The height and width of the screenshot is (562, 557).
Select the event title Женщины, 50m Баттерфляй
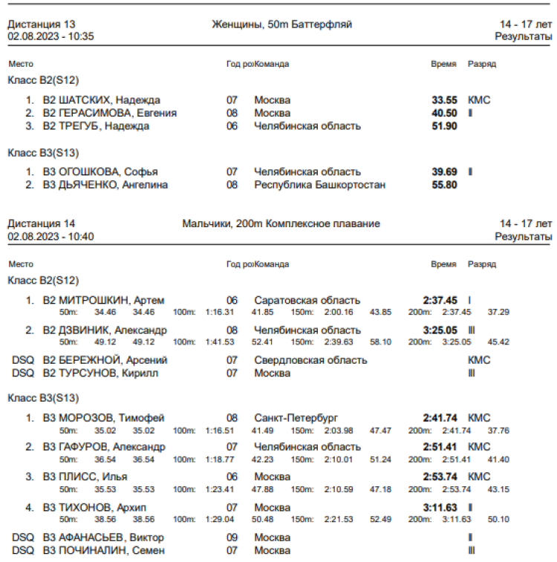tap(281, 24)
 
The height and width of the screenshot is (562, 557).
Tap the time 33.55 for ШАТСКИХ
tap(444, 100)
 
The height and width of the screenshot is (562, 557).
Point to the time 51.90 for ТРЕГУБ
tap(444, 126)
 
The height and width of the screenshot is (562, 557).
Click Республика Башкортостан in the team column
tap(319, 184)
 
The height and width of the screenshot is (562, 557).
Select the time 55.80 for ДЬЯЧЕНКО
tap(444, 184)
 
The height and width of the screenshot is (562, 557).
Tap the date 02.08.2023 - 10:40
tap(51, 236)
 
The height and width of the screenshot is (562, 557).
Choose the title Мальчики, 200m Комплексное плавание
tap(281, 223)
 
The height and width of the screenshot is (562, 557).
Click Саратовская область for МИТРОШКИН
tap(307, 301)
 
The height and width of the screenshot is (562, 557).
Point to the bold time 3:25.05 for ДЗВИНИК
tap(440, 330)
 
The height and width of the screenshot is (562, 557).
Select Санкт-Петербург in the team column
tap(296, 418)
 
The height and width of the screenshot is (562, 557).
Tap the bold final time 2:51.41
tap(440, 447)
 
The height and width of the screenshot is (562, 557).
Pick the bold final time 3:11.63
tap(440, 507)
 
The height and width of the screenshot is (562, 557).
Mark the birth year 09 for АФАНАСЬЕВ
tap(232, 538)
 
